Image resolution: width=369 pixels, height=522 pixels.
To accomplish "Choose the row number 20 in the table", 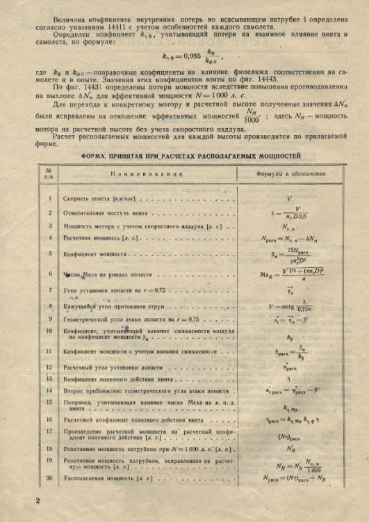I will [49, 478].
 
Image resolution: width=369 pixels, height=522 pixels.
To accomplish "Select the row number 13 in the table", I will [49, 379].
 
